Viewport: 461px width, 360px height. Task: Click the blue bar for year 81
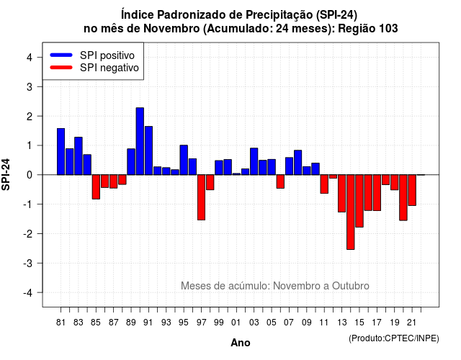coord(61,152)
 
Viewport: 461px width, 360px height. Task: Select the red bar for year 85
coord(96,187)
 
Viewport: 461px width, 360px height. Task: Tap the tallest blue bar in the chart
coord(140,141)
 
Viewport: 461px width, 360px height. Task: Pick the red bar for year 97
coord(202,197)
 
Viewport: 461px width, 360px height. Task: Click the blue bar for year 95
coord(184,160)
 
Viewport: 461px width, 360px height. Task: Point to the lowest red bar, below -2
coord(351,212)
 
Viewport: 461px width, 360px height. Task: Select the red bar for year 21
coord(412,190)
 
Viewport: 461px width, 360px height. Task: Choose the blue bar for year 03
coord(254,161)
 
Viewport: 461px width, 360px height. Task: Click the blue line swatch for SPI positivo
coord(61,55)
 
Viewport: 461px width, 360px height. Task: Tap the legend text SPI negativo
coord(109,68)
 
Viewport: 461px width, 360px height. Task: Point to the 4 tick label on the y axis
coord(30,58)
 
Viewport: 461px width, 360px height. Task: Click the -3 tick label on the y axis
coord(28,263)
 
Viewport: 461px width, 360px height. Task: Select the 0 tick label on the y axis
coord(30,175)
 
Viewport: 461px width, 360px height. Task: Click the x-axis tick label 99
coord(219,323)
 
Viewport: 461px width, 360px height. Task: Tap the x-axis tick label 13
coord(341,323)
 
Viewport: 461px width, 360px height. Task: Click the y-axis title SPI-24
coord(6,174)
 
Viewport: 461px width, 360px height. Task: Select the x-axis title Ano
coord(241,343)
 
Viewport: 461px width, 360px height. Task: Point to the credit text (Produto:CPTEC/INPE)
coord(394,338)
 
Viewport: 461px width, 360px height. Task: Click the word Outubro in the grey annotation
coord(351,286)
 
